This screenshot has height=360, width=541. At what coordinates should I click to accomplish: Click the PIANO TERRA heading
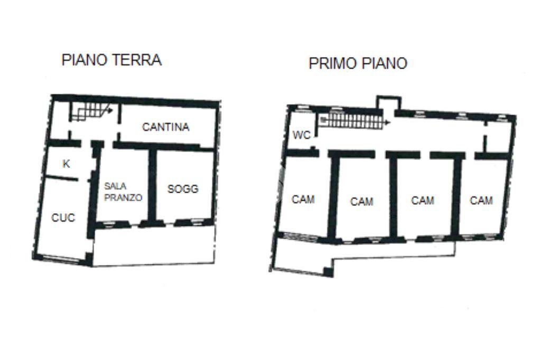pyautogui.click(x=111, y=60)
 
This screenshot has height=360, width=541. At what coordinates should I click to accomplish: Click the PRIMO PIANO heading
pyautogui.click(x=358, y=63)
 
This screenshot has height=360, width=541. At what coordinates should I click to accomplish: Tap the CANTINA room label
pyautogui.click(x=166, y=127)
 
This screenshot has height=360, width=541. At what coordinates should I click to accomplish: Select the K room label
pyautogui.click(x=66, y=164)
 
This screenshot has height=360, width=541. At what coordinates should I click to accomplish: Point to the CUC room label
pyautogui.click(x=63, y=217)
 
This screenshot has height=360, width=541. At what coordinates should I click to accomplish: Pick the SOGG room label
pyautogui.click(x=183, y=188)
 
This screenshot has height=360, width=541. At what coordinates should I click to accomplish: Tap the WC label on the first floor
pyautogui.click(x=302, y=136)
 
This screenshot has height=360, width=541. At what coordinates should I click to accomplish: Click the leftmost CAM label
pyautogui.click(x=303, y=199)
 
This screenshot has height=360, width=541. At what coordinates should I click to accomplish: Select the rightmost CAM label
pyautogui.click(x=481, y=200)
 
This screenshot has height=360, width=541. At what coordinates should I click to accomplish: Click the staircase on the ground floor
pyautogui.click(x=90, y=111)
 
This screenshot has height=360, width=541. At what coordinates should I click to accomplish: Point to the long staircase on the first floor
pyautogui.click(x=351, y=121)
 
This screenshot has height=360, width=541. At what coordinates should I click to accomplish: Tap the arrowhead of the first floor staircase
pyautogui.click(x=388, y=122)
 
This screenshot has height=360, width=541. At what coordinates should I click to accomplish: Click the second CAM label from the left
pyautogui.click(x=362, y=201)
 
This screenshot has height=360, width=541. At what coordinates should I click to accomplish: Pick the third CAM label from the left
pyautogui.click(x=423, y=200)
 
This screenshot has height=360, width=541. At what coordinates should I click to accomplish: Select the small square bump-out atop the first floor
pyautogui.click(x=388, y=103)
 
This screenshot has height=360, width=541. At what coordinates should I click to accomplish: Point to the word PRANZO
pyautogui.click(x=123, y=198)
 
